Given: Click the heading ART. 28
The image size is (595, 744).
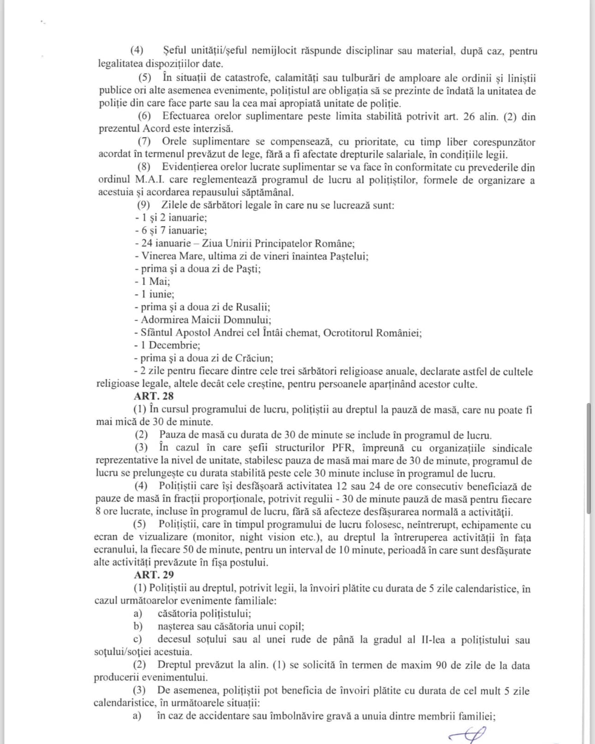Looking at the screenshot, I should (154, 396).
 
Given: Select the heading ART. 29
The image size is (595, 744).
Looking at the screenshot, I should (154, 575).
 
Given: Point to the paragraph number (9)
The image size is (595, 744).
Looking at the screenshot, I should (143, 205).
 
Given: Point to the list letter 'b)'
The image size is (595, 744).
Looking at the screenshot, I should (138, 626).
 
